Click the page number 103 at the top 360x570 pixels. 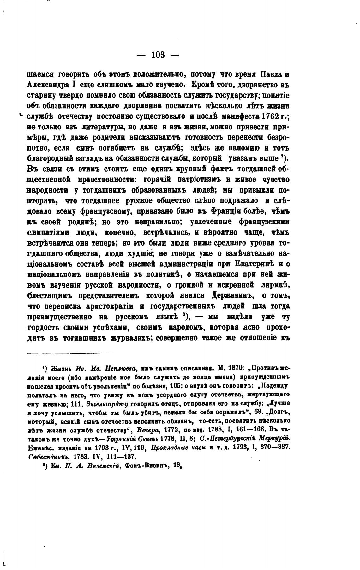tap(158, 55)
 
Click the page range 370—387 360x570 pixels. tap(274, 447)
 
